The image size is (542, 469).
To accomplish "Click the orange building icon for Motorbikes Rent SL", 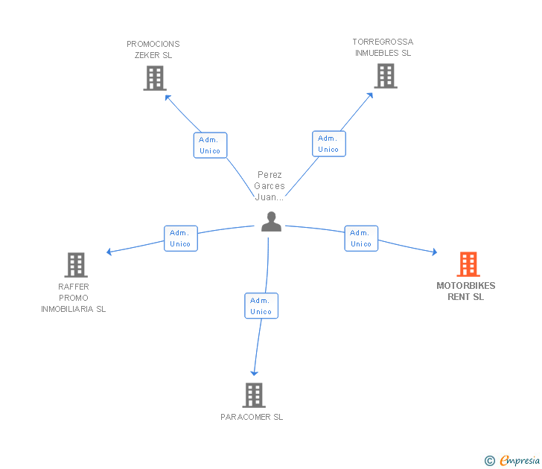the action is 468,264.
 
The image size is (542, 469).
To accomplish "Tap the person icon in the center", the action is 271,221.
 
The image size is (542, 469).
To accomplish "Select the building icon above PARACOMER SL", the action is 254,395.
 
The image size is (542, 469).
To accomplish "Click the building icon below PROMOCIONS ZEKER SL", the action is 155,78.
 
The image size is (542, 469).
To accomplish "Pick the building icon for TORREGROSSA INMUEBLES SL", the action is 386,76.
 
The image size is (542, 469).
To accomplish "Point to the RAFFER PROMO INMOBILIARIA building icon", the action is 76,265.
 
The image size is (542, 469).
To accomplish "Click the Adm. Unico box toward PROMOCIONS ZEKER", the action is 210,145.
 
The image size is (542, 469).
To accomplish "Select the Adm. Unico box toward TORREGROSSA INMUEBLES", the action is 329,144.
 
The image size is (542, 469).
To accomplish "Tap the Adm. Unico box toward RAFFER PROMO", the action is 181,238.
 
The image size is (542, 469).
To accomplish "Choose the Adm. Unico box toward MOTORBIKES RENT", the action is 361,238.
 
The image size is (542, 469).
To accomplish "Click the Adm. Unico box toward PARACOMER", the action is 261,306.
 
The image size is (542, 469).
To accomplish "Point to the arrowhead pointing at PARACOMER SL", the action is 254,373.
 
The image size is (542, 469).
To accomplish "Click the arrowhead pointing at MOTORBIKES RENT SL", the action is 435,252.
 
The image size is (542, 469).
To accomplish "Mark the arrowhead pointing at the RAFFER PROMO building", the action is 109,252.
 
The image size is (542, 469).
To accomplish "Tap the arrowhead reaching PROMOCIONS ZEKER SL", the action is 168,97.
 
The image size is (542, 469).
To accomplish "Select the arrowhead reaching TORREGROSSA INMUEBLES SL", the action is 370,95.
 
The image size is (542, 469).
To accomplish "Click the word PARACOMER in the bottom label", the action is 246,417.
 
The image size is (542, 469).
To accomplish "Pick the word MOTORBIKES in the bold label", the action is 465,286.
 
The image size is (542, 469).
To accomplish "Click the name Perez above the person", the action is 270,174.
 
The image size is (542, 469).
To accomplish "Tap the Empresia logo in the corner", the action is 512,460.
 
